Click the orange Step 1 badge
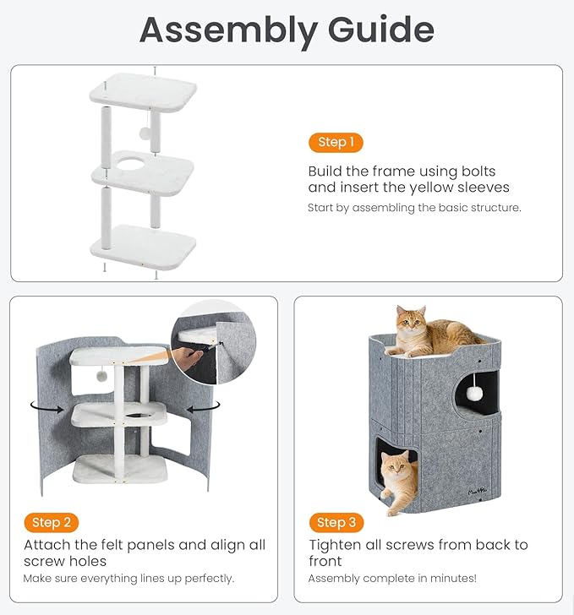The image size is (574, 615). click(x=336, y=143)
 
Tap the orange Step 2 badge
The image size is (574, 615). click(x=51, y=523)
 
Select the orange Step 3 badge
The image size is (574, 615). click(x=336, y=523)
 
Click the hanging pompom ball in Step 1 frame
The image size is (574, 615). click(x=145, y=133)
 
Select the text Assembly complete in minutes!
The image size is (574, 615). click(x=392, y=579)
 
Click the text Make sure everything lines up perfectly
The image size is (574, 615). click(x=128, y=579)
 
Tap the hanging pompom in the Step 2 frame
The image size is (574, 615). click(x=101, y=374)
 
